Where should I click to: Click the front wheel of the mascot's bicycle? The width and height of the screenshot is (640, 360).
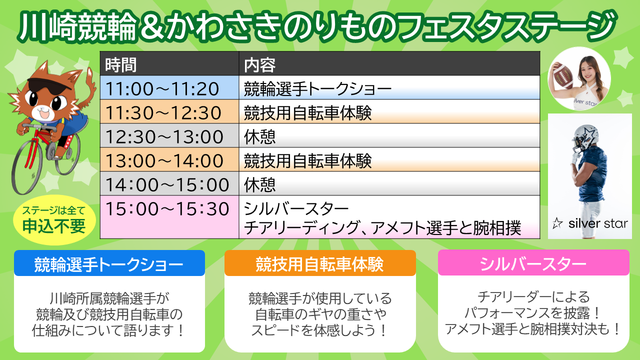(x=26, y=165)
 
